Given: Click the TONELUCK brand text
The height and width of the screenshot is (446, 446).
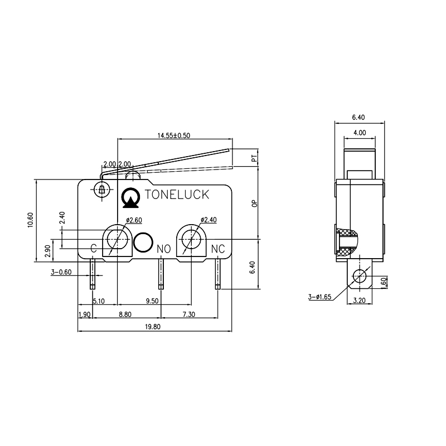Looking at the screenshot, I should pyautogui.click(x=177, y=195).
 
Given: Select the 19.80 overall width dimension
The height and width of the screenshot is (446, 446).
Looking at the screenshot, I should pyautogui.click(x=152, y=327).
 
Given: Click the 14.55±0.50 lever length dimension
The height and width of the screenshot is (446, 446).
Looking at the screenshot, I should pyautogui.click(x=173, y=135).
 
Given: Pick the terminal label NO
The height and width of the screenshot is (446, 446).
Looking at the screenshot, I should pyautogui.click(x=163, y=248).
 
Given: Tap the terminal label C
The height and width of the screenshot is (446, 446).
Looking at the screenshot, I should pyautogui.click(x=94, y=248).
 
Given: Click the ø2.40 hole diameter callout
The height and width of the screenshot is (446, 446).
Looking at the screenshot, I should pyautogui.click(x=208, y=220).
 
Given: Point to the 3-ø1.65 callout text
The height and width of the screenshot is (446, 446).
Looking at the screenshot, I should pyautogui.click(x=319, y=297).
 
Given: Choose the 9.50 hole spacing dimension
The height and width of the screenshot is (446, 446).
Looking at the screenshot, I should pyautogui.click(x=152, y=300).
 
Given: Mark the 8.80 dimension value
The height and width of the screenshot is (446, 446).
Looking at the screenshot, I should pyautogui.click(x=125, y=314).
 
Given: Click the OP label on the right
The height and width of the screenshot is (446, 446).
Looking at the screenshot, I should pyautogui.click(x=254, y=204).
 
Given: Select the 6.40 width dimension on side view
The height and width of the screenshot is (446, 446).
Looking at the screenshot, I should pyautogui.click(x=358, y=117).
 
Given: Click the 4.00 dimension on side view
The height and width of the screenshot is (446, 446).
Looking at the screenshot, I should pyautogui.click(x=359, y=133).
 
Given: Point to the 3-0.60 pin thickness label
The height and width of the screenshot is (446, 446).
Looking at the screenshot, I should pyautogui.click(x=61, y=272).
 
